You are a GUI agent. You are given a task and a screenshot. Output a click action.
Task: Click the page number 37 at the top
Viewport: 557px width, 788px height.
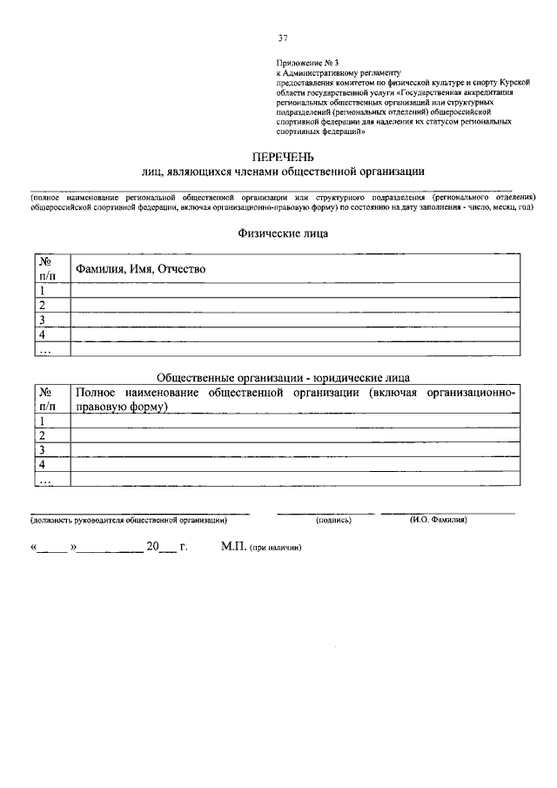point(283,37)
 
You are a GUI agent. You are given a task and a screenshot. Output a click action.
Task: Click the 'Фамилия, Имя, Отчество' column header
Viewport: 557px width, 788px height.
point(140,269)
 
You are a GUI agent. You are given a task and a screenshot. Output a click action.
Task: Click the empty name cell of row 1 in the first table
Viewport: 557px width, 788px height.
point(296,290)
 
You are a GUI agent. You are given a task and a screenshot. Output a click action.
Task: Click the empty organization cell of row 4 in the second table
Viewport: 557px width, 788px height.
point(296,464)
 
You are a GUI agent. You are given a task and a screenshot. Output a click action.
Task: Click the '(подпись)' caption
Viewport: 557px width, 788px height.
point(333,520)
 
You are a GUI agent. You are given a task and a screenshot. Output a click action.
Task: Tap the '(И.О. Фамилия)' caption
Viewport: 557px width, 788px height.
point(439,520)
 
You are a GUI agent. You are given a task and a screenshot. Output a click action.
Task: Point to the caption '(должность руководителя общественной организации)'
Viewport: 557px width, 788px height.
point(129,520)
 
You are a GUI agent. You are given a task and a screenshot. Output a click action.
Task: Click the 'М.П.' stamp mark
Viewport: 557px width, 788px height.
point(234,549)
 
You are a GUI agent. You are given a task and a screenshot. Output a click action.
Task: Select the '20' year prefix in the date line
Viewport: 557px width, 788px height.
point(153,548)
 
